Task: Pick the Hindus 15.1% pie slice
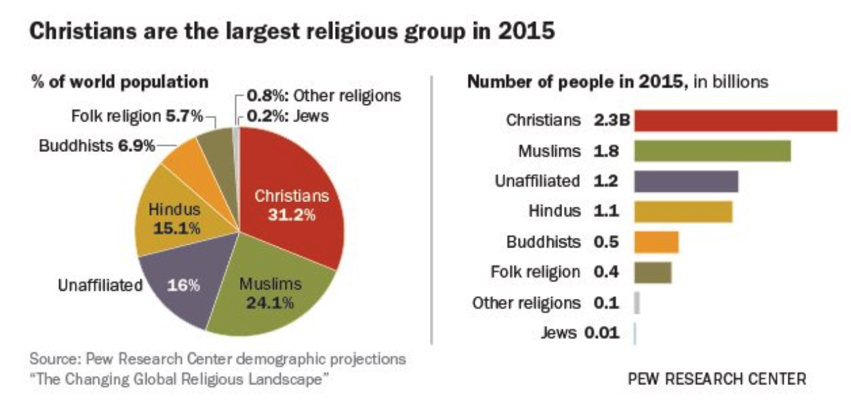click(x=175, y=216)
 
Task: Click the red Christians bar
click(x=735, y=120)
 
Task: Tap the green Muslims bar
click(x=711, y=151)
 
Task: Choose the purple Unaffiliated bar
click(x=685, y=181)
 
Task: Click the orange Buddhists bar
click(x=656, y=242)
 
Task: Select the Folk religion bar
click(x=652, y=272)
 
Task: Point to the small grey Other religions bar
click(x=637, y=302)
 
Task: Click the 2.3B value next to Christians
click(x=612, y=120)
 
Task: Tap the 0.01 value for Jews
click(x=601, y=333)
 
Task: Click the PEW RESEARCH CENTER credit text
click(x=715, y=378)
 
